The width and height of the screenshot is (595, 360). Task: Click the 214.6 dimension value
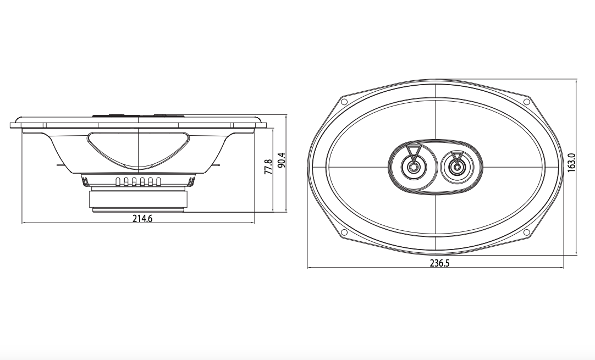tap(142, 219)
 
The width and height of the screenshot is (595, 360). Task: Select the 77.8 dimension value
tap(268, 167)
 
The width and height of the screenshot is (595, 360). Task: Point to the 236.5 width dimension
tap(439, 263)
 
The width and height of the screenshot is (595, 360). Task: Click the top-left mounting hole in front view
tap(344, 102)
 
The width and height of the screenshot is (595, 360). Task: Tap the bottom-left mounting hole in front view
tap(344, 232)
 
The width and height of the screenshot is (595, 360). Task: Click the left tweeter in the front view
tap(413, 165)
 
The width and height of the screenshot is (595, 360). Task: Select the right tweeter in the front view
tap(456, 167)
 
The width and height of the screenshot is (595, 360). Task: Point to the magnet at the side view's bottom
tap(139, 198)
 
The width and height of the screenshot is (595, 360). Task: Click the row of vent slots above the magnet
tap(138, 182)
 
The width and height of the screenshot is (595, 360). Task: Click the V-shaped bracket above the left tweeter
tap(414, 150)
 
